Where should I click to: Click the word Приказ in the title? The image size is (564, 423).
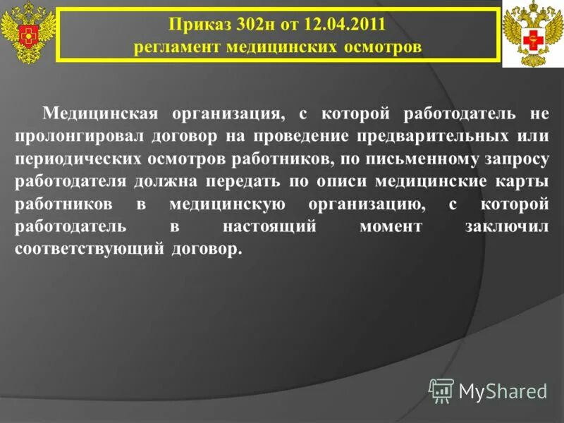tap(195, 25)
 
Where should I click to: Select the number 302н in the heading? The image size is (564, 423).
tap(248, 25)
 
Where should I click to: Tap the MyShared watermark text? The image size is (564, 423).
tap(503, 391)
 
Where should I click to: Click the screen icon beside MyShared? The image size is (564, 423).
tap(441, 390)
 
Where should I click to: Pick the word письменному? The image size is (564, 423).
tap(415, 158)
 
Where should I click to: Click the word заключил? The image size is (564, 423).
tap(507, 227)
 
